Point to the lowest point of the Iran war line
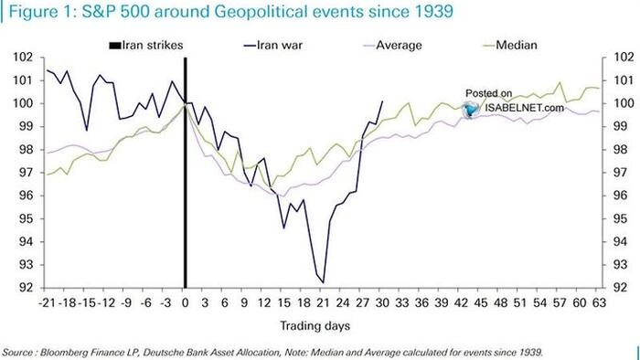pyautogui.click(x=323, y=283)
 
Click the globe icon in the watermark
pyautogui.click(x=472, y=108)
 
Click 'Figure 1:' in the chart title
pyautogui.click(x=36, y=12)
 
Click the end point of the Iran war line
pyautogui.click(x=382, y=101)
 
